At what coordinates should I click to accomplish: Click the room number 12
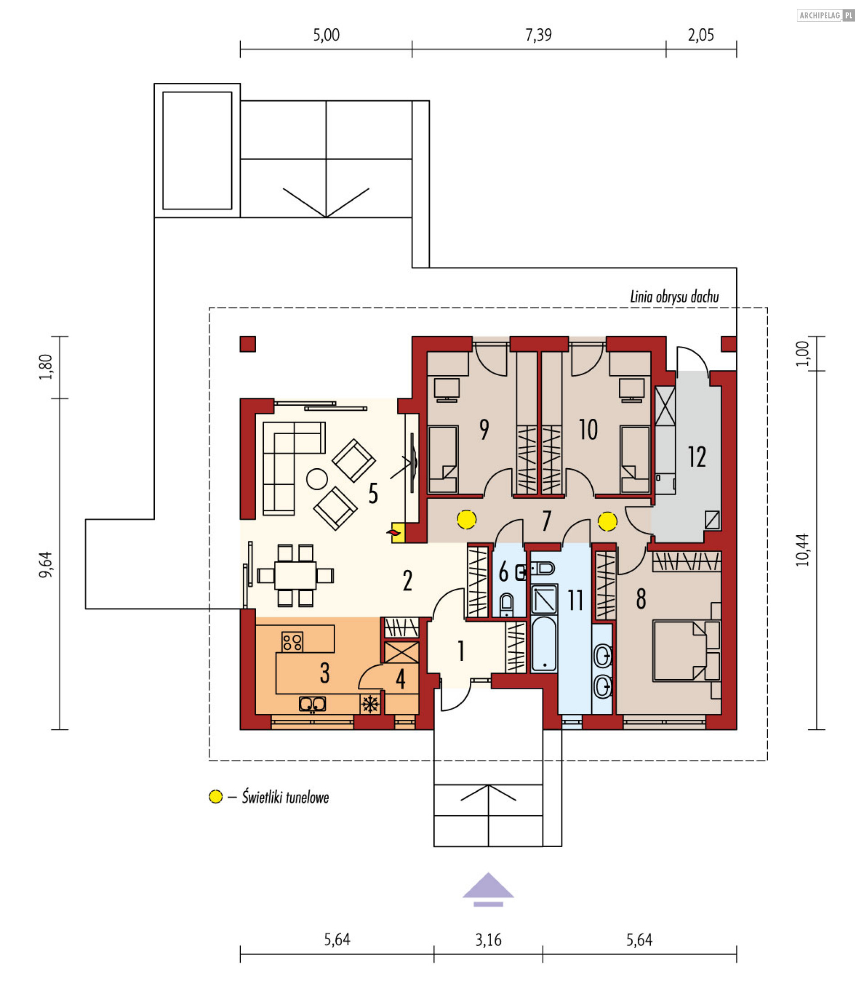[x=697, y=457]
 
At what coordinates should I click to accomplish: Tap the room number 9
[x=484, y=430]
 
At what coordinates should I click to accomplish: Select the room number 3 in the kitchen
[x=325, y=673]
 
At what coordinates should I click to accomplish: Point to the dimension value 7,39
[x=539, y=35]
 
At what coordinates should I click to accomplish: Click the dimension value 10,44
[x=802, y=550]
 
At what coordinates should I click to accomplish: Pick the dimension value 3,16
[x=488, y=940]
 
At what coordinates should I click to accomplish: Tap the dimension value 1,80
[x=46, y=367]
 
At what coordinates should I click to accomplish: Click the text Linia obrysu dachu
[x=675, y=297]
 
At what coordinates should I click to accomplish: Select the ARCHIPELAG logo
[x=825, y=15]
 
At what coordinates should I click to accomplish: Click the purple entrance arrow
[x=488, y=888]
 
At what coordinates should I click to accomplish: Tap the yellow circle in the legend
[x=216, y=797]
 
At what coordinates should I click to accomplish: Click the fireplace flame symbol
[x=393, y=533]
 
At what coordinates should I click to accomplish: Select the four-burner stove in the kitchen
[x=292, y=641]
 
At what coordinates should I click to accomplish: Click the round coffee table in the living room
[x=317, y=479]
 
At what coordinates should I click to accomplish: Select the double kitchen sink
[x=312, y=704]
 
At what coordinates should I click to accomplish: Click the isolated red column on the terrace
[x=248, y=344]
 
